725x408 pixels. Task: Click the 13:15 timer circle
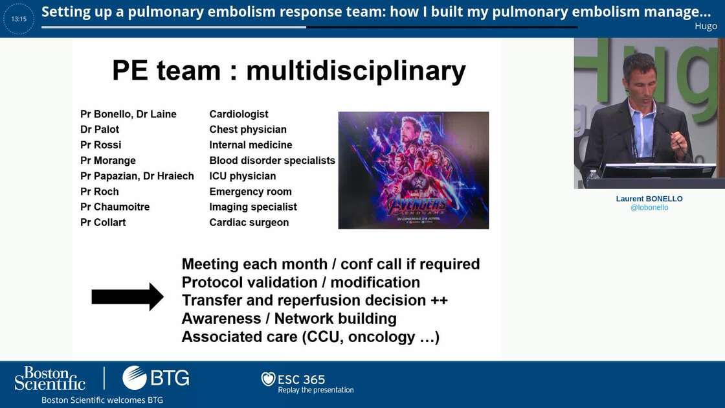[x=19, y=19]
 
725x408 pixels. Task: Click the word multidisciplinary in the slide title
[x=355, y=71]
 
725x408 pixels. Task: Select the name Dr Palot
[x=100, y=130]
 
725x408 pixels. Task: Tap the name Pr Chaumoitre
[x=115, y=207]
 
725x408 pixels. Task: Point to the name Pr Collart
[x=103, y=223]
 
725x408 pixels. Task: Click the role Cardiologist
[x=239, y=114]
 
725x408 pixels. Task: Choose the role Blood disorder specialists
[x=272, y=161]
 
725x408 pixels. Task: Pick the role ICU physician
[x=242, y=176]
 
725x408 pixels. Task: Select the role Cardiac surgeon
[x=249, y=223]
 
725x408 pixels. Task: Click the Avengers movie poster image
[x=413, y=170]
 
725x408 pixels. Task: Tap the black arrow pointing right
[x=127, y=297]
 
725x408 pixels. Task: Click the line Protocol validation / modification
[x=300, y=282]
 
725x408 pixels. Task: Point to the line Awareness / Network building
[x=289, y=319]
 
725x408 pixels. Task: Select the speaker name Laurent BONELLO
[x=649, y=199]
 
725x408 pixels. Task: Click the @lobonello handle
[x=649, y=208]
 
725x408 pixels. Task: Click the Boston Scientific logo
[x=50, y=379]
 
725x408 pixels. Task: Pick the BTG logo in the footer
[x=155, y=378]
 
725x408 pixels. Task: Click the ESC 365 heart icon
[x=268, y=379]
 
